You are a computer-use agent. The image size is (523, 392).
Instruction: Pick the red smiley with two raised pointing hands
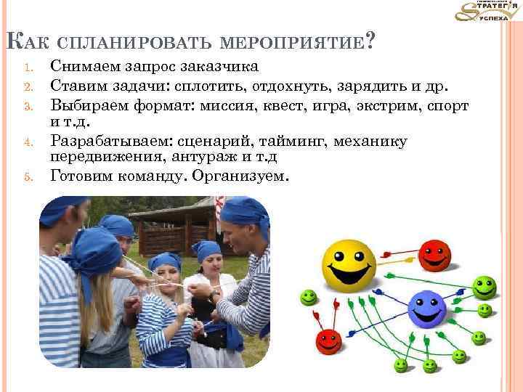pyautogui.click(x=331, y=340)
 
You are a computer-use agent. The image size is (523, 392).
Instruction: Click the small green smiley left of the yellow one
pyautogui.click(x=309, y=297)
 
